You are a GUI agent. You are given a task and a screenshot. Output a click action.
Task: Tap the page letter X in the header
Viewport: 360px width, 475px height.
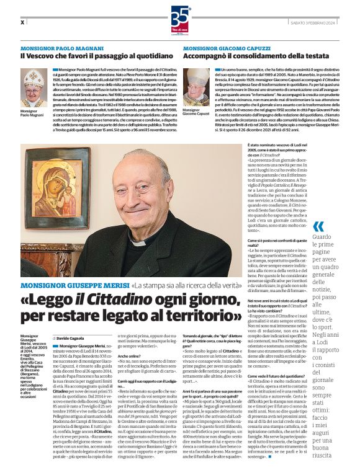coord(22,22)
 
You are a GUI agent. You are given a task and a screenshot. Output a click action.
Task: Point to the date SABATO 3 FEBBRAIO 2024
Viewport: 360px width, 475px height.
coord(320,22)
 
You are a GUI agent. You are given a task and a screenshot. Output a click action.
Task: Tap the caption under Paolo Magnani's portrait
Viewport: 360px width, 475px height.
coord(32,113)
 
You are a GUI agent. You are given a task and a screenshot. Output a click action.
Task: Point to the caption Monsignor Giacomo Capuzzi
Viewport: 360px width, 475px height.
coord(196,113)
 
